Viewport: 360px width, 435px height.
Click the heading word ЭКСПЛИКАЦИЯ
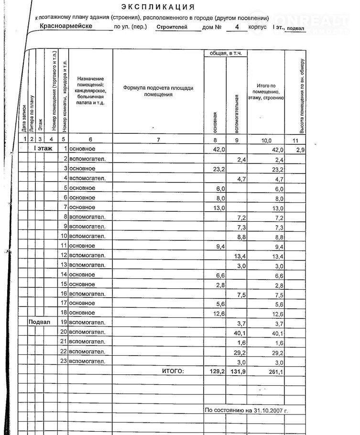tap(158, 7)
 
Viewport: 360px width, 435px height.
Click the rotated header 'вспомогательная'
tap(237, 114)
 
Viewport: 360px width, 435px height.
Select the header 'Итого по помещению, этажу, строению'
tap(266, 91)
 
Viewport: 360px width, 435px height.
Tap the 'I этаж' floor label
tap(43, 149)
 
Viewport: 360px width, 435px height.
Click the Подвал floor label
tap(39, 322)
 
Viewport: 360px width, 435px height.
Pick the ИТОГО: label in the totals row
tap(173, 370)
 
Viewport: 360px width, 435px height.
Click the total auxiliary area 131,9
tap(237, 371)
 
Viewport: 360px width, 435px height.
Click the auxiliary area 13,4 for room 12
tap(240, 256)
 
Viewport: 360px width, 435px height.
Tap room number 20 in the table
tap(63, 332)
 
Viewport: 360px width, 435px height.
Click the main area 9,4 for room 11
tap(219, 246)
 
